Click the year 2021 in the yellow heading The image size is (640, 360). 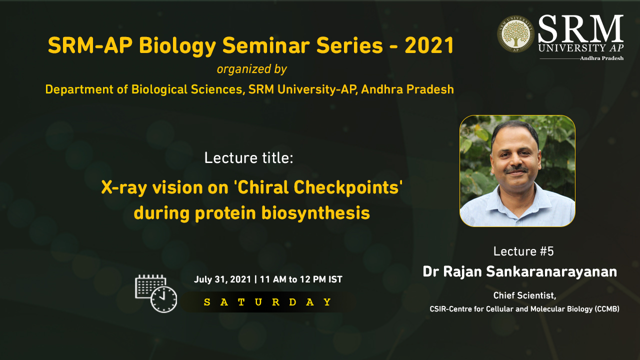429,45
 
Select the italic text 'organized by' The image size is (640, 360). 251,69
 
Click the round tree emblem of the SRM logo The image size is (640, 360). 515,34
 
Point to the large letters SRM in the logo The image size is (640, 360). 580,29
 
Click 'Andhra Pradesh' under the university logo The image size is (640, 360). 601,58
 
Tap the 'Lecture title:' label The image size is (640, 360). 249,158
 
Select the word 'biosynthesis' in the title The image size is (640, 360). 315,213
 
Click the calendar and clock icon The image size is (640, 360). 156,293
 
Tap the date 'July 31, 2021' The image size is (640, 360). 222,279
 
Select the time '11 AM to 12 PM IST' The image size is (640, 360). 301,279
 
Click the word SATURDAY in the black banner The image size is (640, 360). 267,302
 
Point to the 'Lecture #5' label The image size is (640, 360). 523,251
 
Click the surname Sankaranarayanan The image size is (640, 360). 551,271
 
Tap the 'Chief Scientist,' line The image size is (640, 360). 524,295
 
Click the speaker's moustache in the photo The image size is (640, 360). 516,170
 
